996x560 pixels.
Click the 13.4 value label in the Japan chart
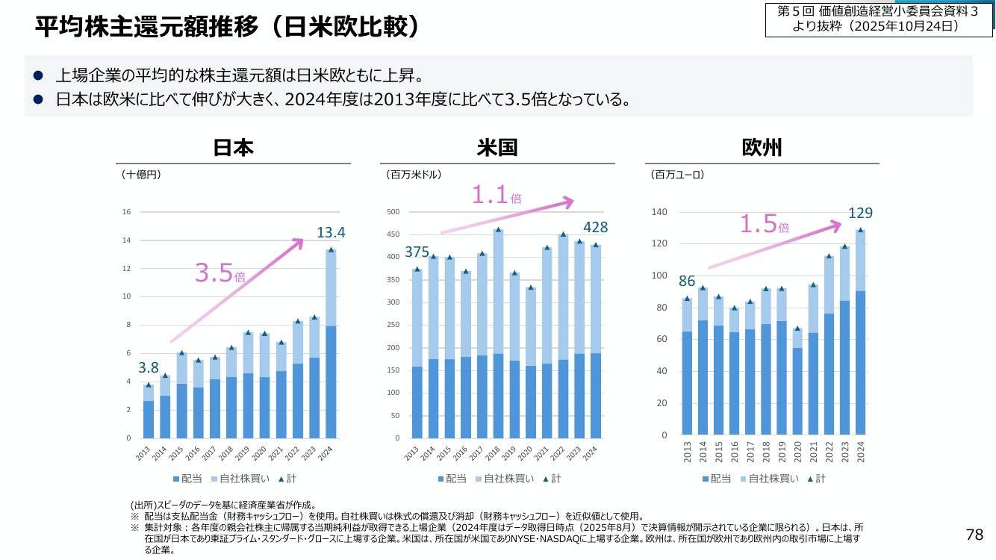(331, 232)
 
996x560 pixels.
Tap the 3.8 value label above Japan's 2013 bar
(149, 367)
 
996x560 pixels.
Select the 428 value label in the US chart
(595, 227)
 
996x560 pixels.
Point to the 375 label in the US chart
(417, 252)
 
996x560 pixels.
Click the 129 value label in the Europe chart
(860, 213)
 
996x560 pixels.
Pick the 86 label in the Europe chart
(687, 281)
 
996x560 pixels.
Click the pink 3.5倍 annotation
(220, 273)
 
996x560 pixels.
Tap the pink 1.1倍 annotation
(497, 195)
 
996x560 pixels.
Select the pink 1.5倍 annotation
(765, 224)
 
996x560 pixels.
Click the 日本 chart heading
(233, 148)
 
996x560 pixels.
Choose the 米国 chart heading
(497, 148)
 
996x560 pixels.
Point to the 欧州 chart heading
(762, 148)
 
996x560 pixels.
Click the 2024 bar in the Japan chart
(331, 343)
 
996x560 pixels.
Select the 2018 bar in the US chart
(498, 334)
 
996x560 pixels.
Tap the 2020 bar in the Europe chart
(797, 382)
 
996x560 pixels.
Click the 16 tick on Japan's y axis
(127, 212)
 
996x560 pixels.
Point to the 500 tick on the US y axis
(393, 212)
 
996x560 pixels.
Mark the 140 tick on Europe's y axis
(659, 212)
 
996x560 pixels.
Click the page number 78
(974, 535)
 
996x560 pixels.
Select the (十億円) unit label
(141, 175)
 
